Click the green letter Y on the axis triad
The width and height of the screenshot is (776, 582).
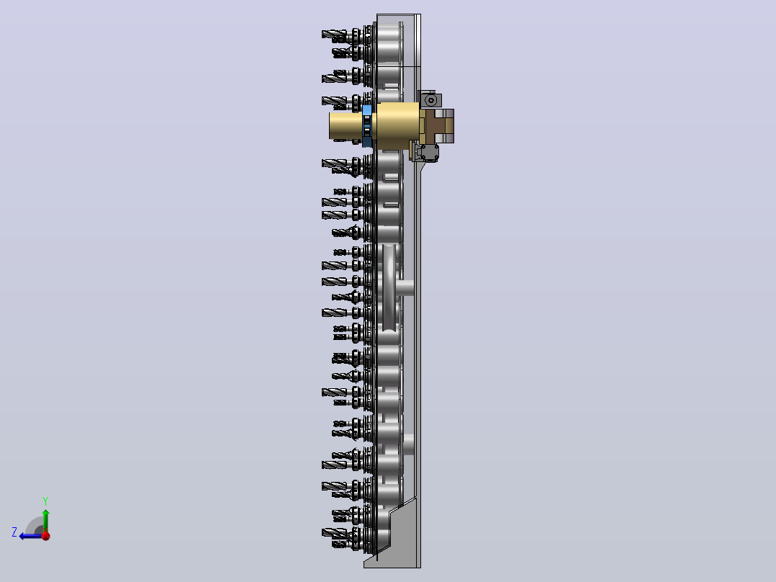(45, 501)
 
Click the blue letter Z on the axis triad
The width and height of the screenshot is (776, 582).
(14, 532)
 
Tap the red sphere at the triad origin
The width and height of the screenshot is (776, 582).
(45, 535)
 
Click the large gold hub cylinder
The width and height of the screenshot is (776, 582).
(398, 126)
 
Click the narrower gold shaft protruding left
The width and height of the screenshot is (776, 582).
(346, 126)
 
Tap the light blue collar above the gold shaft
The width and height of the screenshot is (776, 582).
(367, 110)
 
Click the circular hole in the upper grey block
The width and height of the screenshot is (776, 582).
(431, 101)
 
